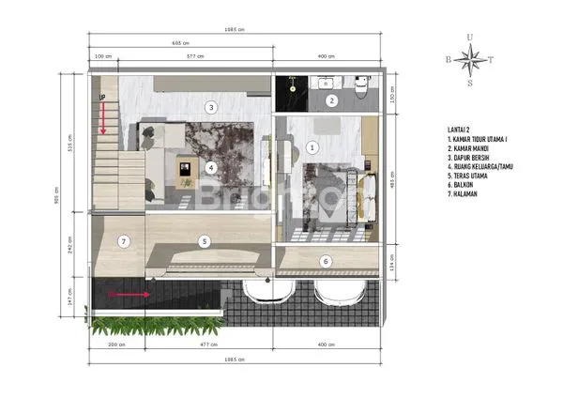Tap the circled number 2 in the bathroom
[x=331, y=100]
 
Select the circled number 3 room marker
[x=212, y=108]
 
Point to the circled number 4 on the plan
[x=212, y=168]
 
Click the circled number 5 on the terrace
[x=204, y=241]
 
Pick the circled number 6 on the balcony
[x=326, y=261]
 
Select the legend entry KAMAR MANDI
[x=471, y=146]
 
